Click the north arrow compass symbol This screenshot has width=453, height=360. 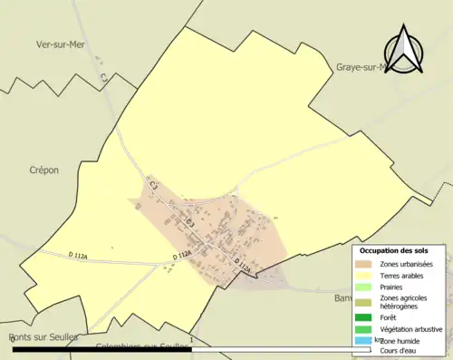(404, 52)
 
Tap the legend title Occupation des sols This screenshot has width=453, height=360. (394, 250)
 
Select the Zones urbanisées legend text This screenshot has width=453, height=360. (406, 264)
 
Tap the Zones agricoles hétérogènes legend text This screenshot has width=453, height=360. (404, 302)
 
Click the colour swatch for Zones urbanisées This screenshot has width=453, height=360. (364, 264)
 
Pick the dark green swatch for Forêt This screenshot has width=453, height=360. (364, 317)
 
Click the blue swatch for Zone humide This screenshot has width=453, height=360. (364, 340)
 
